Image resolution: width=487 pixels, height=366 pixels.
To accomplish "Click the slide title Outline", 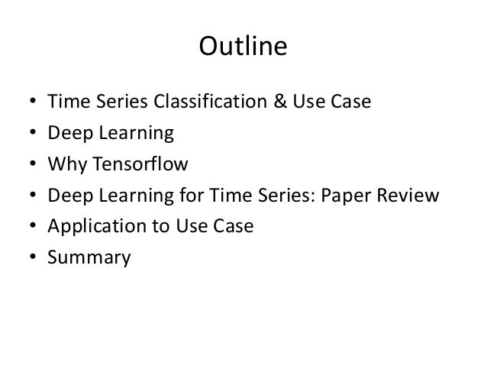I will pos(243,48).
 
